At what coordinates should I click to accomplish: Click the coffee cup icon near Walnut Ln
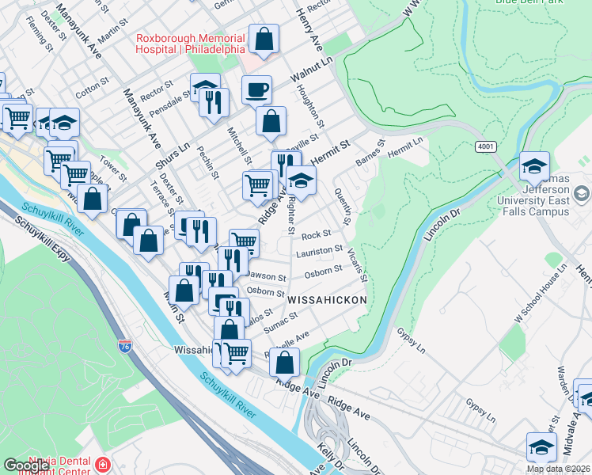pyautogui.click(x=256, y=89)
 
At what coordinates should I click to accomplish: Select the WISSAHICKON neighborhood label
pyautogui.click(x=327, y=301)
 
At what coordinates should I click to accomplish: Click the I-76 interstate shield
pyautogui.click(x=125, y=346)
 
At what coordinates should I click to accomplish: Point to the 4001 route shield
pyautogui.click(x=486, y=147)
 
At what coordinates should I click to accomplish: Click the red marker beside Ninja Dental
pyautogui.click(x=102, y=464)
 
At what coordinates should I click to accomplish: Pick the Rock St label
pyautogui.click(x=316, y=235)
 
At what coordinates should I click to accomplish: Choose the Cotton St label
pyautogui.click(x=91, y=83)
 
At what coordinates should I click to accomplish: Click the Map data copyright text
pyautogui.click(x=557, y=469)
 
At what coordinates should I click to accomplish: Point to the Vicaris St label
pyautogui.click(x=357, y=265)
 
